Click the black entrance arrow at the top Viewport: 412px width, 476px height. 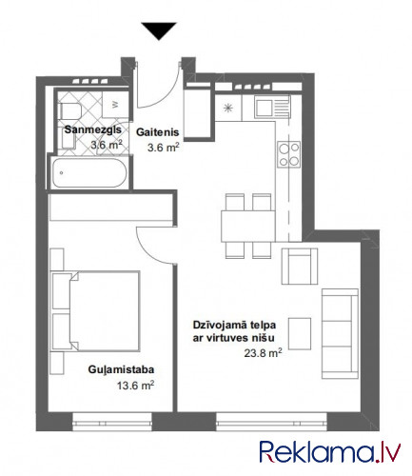(x=159, y=30)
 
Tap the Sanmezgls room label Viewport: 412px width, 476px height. (x=93, y=129)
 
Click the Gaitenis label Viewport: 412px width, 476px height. (x=158, y=132)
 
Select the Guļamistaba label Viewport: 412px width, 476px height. (x=121, y=369)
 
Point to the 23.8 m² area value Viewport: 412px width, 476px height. (x=263, y=353)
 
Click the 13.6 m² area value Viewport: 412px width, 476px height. (x=135, y=386)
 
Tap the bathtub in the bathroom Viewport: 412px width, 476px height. (x=89, y=173)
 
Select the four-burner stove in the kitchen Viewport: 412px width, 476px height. (x=289, y=154)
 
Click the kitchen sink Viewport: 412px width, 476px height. (x=272, y=107)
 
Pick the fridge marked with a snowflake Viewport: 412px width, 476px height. (x=228, y=108)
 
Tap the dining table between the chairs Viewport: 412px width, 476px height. (x=248, y=226)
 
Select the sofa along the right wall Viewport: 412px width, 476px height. (x=340, y=333)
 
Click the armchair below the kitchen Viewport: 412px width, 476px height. (x=300, y=267)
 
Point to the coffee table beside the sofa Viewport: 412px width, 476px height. (x=300, y=334)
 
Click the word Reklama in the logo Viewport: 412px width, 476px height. (x=317, y=451)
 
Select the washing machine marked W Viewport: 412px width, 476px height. (x=115, y=105)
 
